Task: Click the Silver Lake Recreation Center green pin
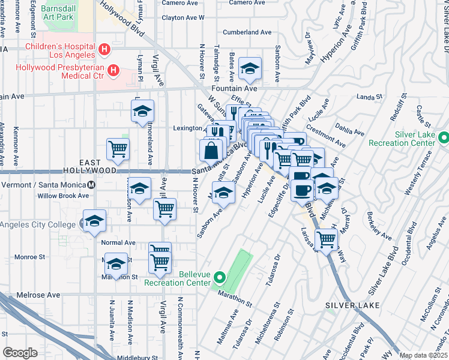click(x=444, y=138)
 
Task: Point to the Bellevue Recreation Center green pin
click(x=219, y=278)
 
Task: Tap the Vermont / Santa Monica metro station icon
click(x=91, y=185)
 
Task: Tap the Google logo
click(x=20, y=353)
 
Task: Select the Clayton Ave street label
click(x=183, y=17)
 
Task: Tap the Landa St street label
click(x=369, y=97)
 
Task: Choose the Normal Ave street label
click(x=118, y=243)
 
